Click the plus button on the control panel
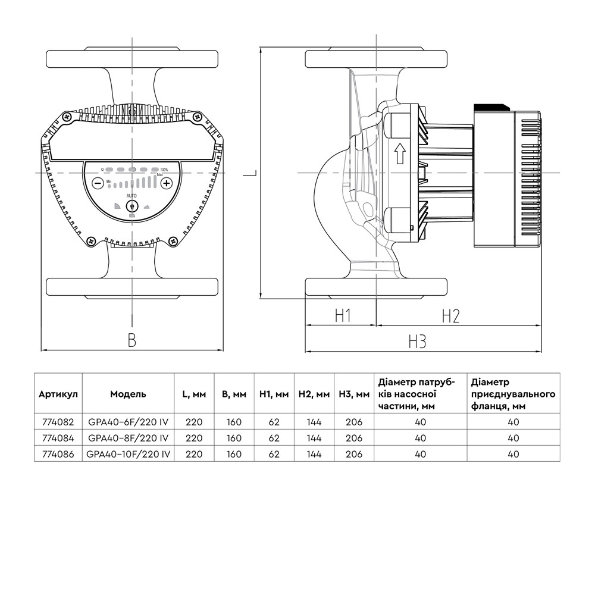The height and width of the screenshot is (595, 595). [x=167, y=183]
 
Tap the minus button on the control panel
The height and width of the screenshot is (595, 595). [x=98, y=183]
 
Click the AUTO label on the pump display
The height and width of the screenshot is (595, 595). [x=131, y=196]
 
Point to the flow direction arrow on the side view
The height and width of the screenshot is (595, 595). [x=400, y=155]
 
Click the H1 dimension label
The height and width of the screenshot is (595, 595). [x=341, y=315]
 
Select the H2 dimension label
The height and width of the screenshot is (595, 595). [x=450, y=315]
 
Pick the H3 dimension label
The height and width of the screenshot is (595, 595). [x=418, y=342]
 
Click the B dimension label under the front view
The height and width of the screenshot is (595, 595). [x=132, y=340]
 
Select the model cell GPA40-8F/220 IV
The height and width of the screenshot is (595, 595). [x=128, y=438]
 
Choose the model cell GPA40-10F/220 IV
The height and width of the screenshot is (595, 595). [x=128, y=453]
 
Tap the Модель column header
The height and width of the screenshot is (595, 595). [x=128, y=394]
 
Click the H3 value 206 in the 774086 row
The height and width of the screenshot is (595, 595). [x=353, y=453]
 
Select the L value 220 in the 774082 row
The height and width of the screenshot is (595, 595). [x=193, y=422]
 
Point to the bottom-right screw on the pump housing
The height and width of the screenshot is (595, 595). [x=173, y=241]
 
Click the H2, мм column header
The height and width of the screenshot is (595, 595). [x=314, y=394]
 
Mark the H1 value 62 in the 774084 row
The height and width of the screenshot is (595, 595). [x=274, y=438]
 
